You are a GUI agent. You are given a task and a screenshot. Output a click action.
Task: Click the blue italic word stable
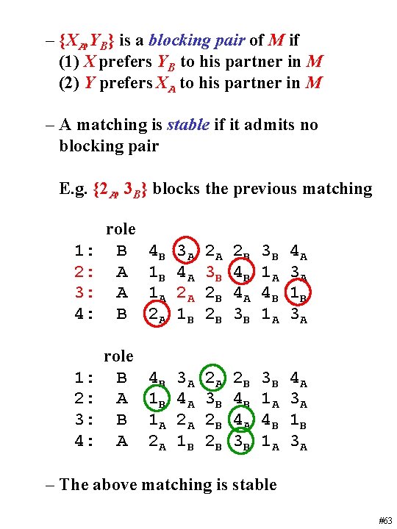tap(188, 124)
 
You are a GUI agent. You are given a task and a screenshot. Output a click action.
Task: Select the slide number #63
tap(385, 520)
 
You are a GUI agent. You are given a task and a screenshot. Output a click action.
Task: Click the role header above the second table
tap(118, 356)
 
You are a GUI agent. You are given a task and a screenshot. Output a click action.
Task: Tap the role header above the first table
tap(121, 229)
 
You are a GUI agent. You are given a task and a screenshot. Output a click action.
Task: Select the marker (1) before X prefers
tap(71, 60)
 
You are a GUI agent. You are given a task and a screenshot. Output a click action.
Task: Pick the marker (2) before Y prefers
tap(71, 82)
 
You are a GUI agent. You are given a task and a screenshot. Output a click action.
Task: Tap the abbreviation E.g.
tap(74, 189)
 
